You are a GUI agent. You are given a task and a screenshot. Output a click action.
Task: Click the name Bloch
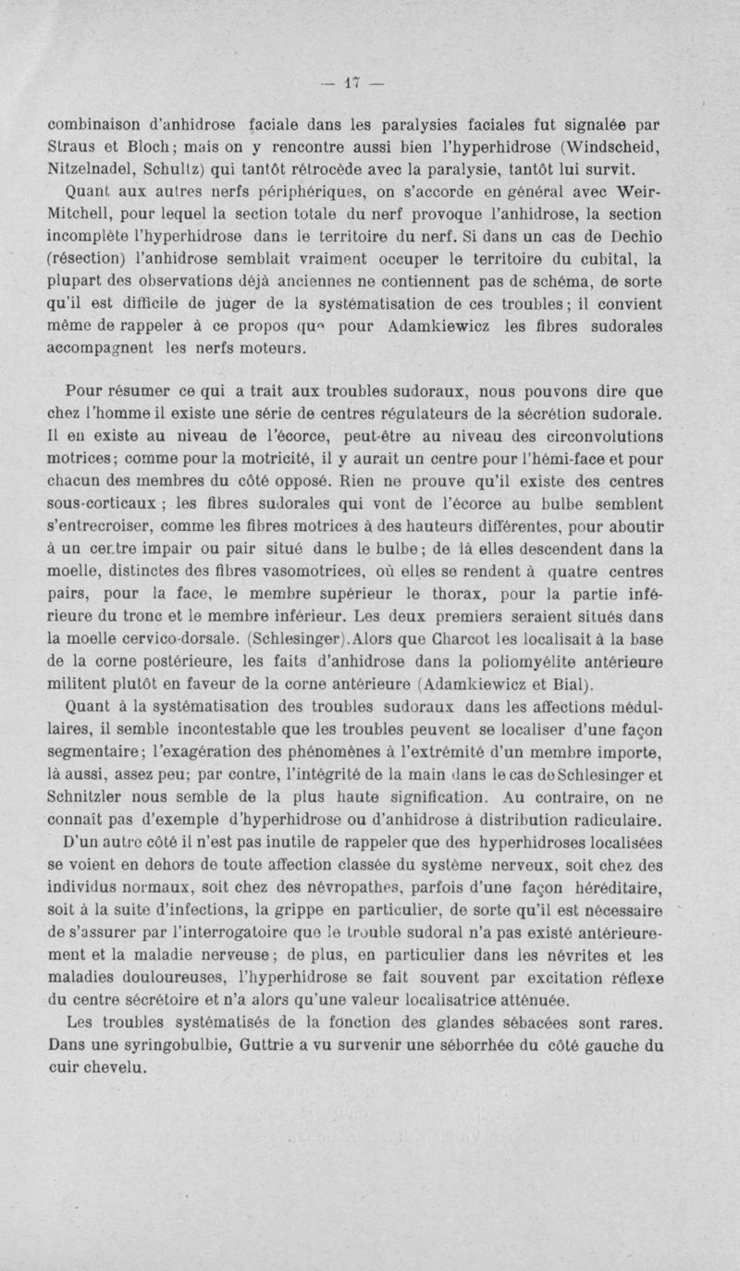[x=156, y=147]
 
